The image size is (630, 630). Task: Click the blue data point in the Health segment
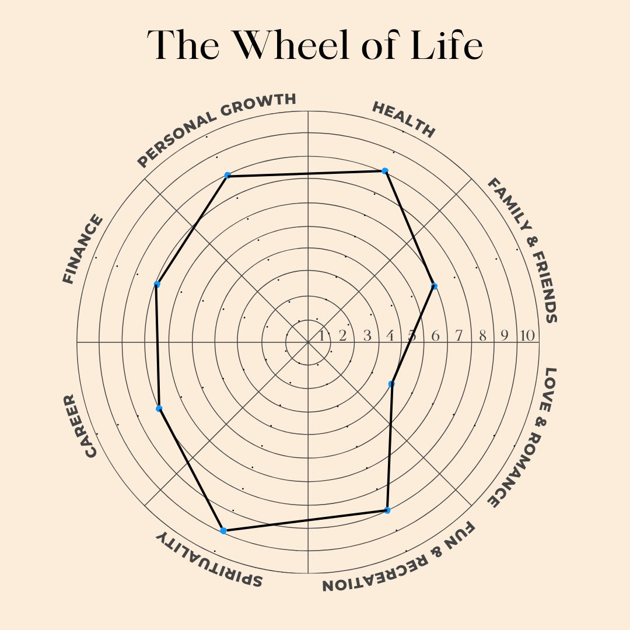[384, 170]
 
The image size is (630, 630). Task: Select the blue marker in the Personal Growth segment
[228, 175]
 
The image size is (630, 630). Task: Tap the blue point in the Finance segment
[156, 284]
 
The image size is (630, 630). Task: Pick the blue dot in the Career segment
[159, 408]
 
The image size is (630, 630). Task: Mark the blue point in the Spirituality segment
[223, 530]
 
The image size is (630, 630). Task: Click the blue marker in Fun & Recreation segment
[387, 510]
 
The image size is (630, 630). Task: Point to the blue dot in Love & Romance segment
[391, 384]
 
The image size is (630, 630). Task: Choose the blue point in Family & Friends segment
[434, 286]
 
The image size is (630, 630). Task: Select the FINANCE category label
[83, 249]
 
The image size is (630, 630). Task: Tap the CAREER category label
[79, 426]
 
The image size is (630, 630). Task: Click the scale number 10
[527, 336]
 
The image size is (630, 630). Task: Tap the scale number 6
[435, 336]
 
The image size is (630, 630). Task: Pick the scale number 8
[482, 336]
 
